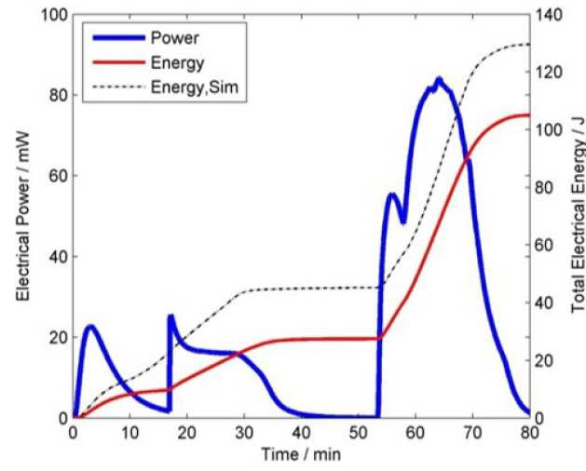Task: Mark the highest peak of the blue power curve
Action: (439, 79)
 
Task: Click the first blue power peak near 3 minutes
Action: (90, 326)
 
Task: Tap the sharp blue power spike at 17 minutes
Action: (170, 316)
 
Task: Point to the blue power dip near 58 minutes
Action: (402, 222)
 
